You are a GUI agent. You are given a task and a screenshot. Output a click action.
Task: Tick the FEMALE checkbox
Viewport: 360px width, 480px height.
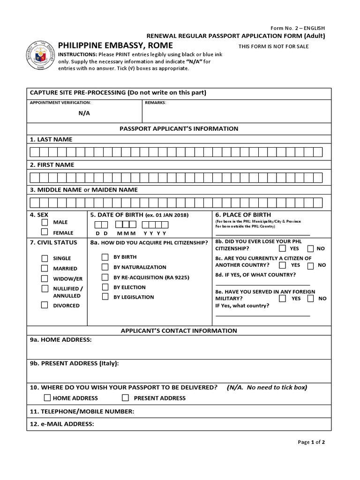pos(45,232)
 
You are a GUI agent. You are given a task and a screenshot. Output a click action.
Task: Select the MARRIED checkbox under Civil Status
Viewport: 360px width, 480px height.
pos(45,269)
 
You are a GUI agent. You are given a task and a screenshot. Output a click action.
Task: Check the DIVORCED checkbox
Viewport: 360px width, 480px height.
pos(45,305)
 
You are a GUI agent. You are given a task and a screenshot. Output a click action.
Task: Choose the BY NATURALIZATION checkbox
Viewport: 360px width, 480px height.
pos(105,267)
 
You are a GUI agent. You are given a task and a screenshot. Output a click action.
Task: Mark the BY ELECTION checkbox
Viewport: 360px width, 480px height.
pos(105,287)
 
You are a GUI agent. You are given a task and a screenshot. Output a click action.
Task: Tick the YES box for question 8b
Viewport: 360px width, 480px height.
pos(282,248)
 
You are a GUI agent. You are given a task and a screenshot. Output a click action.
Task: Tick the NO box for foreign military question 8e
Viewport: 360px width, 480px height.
pos(310,298)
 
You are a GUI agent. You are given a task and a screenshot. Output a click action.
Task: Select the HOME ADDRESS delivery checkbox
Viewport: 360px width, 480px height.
pos(47,398)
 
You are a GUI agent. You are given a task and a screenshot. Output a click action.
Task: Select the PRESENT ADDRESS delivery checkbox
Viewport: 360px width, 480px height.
pos(125,398)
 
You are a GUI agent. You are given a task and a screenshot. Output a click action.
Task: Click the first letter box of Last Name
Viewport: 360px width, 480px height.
pos(34,152)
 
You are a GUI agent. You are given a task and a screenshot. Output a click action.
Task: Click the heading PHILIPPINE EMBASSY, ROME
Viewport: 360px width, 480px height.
pos(115,45)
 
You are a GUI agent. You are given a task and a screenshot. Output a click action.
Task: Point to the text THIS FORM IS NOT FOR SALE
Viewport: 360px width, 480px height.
pos(274,46)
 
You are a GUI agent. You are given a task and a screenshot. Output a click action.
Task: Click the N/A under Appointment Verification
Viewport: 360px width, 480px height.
pos(84,113)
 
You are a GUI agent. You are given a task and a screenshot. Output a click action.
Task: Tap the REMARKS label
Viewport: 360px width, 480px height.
pos(155,102)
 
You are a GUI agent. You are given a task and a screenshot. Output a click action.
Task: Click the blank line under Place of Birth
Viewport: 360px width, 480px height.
pos(262,234)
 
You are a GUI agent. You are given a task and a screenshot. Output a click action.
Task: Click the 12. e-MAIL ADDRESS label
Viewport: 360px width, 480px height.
pos(62,424)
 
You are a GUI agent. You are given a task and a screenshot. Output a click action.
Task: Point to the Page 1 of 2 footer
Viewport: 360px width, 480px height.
pos(311,442)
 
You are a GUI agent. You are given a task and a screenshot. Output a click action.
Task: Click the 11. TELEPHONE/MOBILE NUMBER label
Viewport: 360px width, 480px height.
pos(82,412)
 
